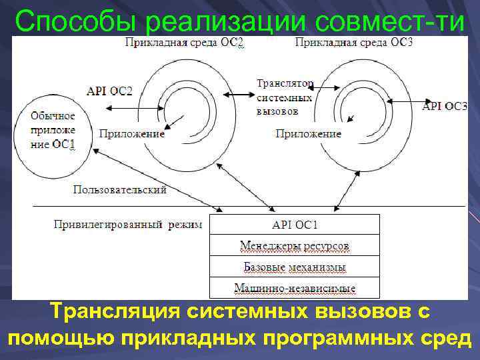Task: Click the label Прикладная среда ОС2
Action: (175, 43)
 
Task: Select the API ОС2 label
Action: (109, 91)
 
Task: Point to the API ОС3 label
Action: (445, 105)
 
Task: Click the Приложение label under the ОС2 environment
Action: (132, 133)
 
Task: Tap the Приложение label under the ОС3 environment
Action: (308, 133)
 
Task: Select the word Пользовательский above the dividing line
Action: (119, 190)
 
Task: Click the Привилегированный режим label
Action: (127, 225)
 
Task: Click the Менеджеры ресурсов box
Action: (294, 246)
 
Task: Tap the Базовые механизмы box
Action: (294, 267)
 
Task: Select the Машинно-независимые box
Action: (294, 288)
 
